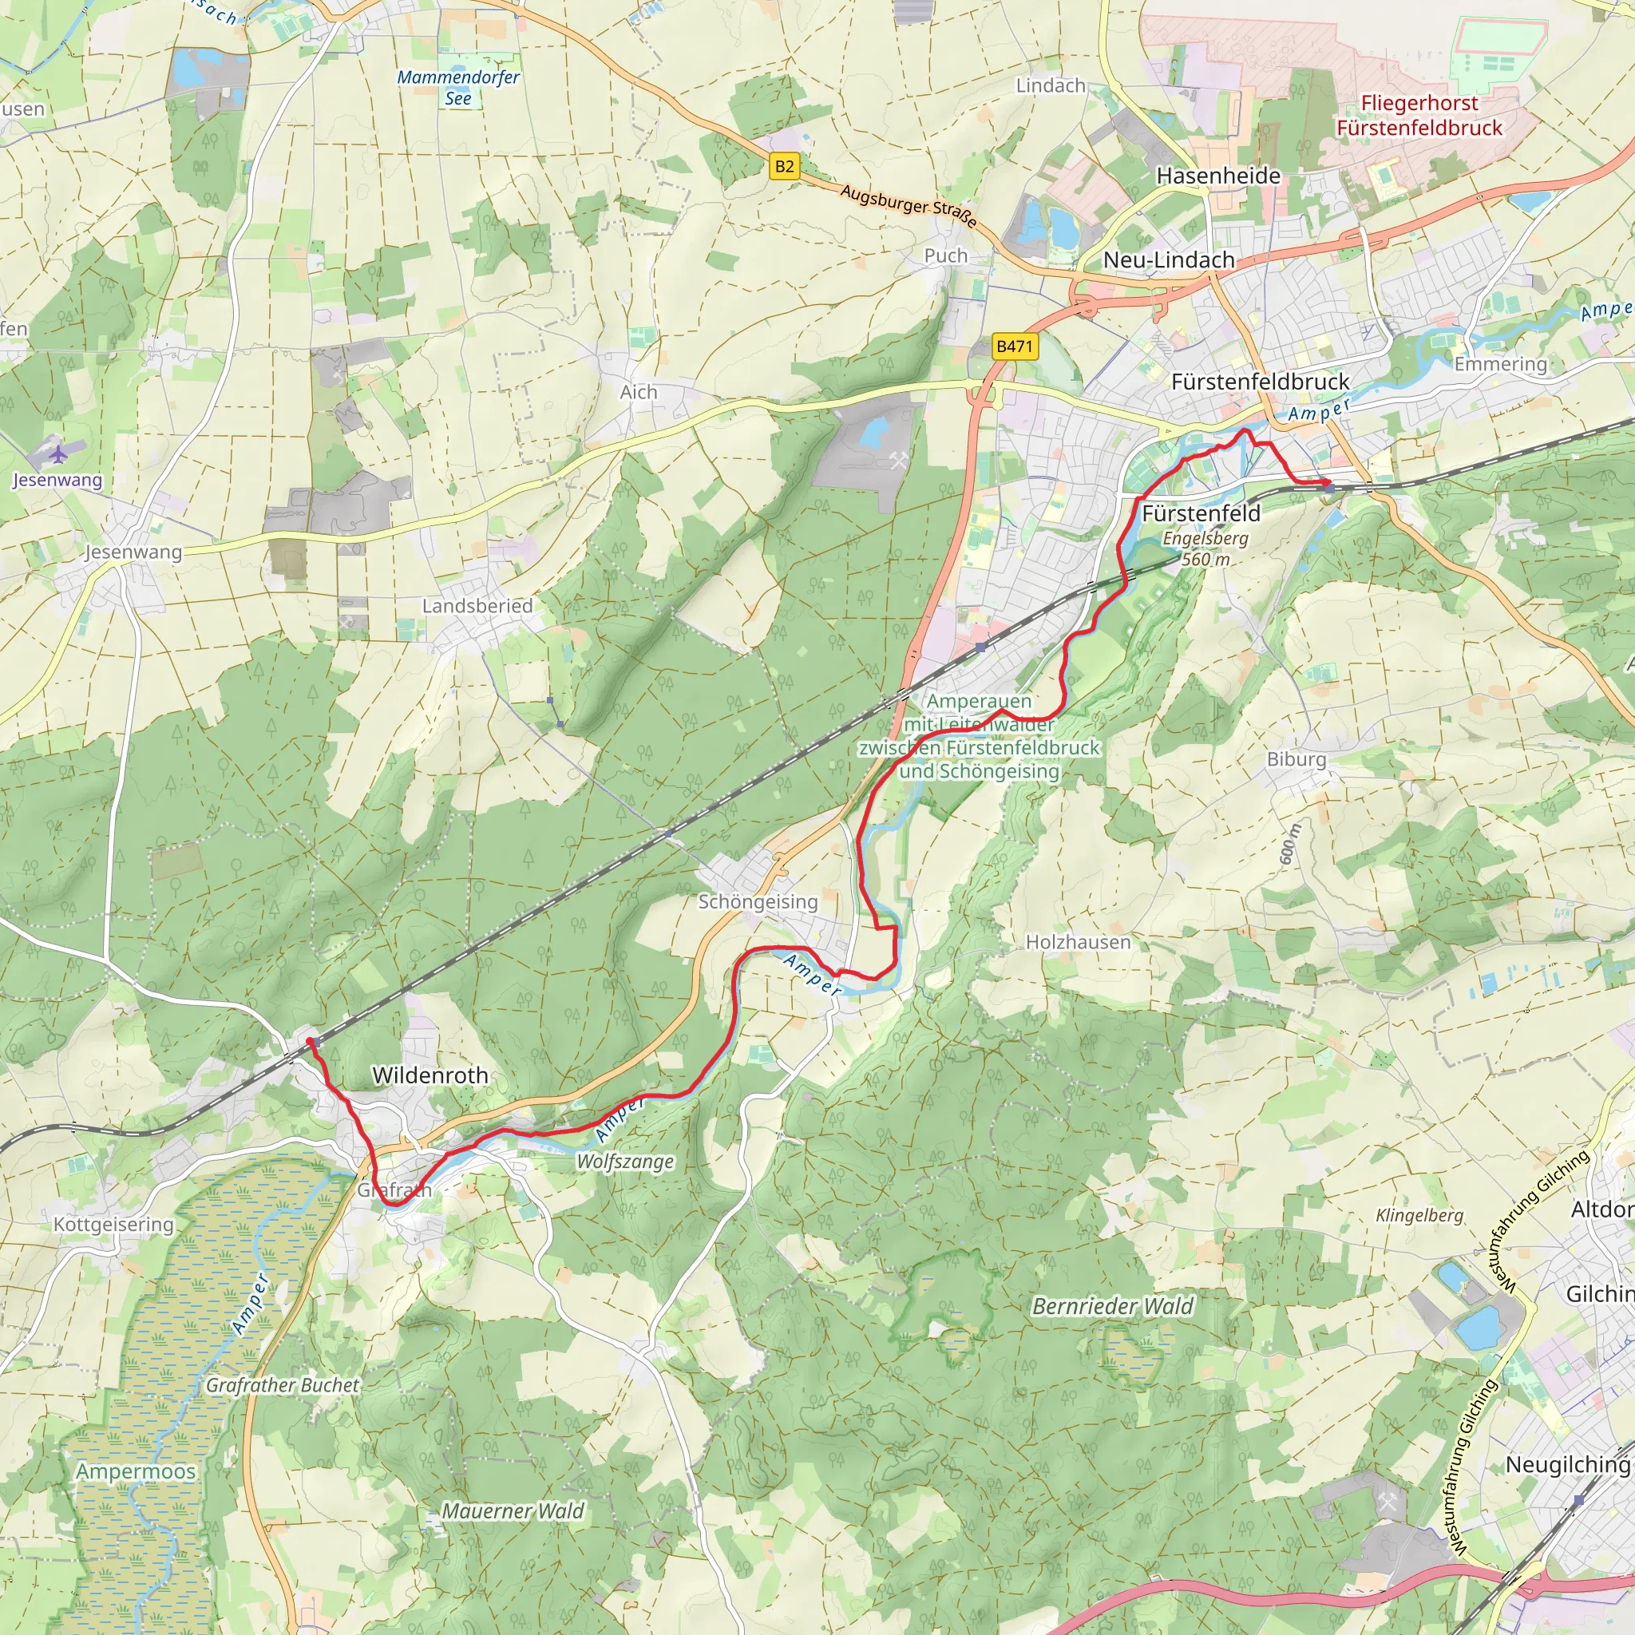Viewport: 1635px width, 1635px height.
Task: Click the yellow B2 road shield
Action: pos(785,166)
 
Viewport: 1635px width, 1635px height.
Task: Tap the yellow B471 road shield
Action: pos(1014,346)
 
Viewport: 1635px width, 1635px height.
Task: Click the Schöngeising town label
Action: pos(758,902)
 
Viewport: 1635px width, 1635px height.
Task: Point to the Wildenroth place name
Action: pos(430,1075)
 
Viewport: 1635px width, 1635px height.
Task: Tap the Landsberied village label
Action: pos(477,606)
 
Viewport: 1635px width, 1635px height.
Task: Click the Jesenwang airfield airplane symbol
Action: pos(57,454)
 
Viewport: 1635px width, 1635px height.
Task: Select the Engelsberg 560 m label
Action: pos(1205,548)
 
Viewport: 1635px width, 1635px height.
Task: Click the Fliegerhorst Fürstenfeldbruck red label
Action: pos(1419,115)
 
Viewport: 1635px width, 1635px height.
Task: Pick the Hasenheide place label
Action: pos(1217,176)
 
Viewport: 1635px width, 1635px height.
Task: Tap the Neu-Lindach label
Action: pos(1169,259)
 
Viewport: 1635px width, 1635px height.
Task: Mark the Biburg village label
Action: pos(1296,759)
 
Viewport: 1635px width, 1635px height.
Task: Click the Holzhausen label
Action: pos(1077,942)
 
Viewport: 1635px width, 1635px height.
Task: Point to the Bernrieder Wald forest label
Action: pos(1112,1307)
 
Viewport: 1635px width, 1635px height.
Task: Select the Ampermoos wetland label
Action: pos(136,1471)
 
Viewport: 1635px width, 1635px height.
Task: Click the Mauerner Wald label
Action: pos(513,1510)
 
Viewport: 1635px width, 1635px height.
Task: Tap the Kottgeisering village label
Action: pos(113,1225)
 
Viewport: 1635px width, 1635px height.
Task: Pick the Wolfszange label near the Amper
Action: pos(624,1162)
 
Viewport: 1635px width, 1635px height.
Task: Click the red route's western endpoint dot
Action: pos(310,1042)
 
